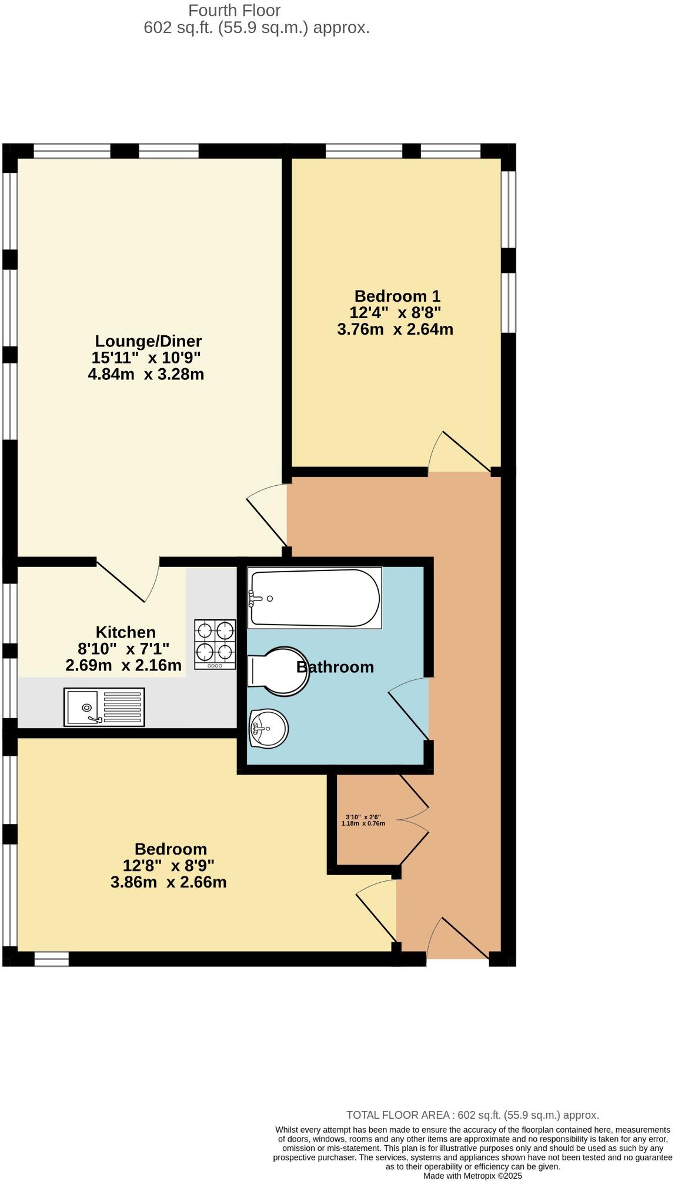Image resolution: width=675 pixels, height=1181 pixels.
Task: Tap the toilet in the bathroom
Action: [x=279, y=672]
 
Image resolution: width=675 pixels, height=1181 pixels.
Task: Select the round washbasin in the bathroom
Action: [x=268, y=729]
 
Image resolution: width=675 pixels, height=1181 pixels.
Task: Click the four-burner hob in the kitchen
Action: [x=215, y=644]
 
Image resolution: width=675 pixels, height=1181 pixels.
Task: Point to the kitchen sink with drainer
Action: [x=104, y=707]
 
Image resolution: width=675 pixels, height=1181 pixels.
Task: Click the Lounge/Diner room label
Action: [x=148, y=341]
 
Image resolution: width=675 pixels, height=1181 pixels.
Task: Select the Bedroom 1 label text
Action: [x=397, y=296]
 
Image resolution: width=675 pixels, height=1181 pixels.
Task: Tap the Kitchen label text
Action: [x=126, y=632]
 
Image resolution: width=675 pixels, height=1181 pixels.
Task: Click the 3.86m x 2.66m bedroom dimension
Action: [x=168, y=882]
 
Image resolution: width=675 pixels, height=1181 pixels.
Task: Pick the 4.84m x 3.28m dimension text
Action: [x=146, y=374]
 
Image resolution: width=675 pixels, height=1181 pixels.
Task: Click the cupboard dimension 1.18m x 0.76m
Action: [x=363, y=823]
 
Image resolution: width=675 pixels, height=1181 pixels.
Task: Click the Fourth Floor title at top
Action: [x=234, y=10]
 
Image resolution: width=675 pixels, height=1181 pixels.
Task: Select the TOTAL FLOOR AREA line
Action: [x=472, y=1115]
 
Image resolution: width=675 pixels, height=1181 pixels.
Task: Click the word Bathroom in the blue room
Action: [x=335, y=667]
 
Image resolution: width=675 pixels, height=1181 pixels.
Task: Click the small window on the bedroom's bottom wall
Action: [x=51, y=959]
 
